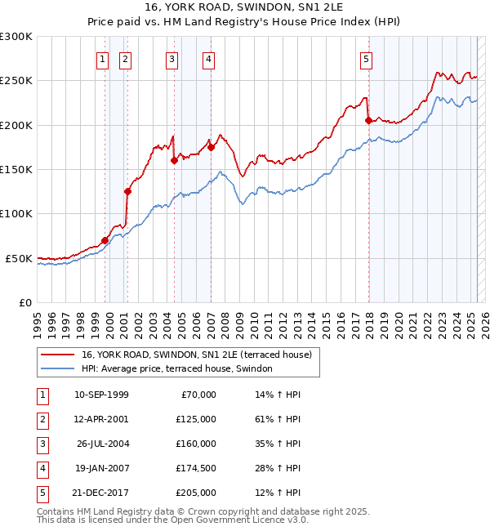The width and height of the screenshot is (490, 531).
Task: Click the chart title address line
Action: tap(244, 8)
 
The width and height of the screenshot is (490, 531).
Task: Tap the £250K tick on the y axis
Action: tap(16, 81)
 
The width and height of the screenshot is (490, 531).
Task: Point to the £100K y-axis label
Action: tap(16, 213)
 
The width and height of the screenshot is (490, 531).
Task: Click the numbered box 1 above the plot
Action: tap(102, 59)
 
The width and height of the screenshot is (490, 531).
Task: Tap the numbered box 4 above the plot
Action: tap(209, 59)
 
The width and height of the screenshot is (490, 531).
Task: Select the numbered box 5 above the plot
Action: tap(366, 59)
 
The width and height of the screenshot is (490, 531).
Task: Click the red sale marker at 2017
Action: tap(368, 121)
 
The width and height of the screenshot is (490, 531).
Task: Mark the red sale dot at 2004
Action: tap(174, 161)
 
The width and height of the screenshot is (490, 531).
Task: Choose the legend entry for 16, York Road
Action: tap(197, 355)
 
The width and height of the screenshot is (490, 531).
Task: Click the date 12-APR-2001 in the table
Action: tap(101, 419)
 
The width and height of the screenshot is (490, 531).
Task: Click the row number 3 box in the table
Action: tap(42, 444)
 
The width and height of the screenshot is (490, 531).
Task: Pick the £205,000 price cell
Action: tap(195, 493)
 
